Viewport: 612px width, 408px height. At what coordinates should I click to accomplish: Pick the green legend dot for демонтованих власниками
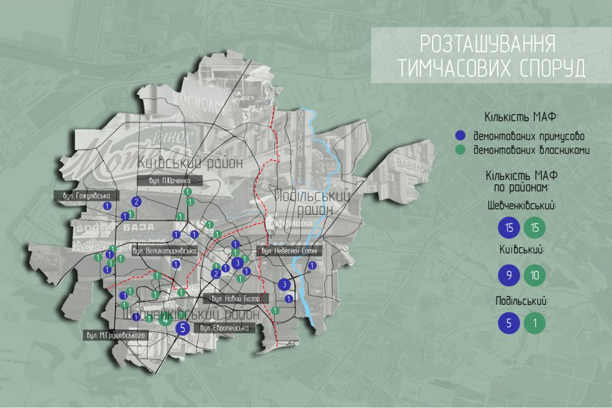(461, 149)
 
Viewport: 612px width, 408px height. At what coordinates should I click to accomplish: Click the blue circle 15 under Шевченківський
(509, 228)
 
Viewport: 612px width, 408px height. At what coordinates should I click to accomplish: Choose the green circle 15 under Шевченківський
(535, 228)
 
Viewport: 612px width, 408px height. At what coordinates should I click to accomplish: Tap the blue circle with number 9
(509, 275)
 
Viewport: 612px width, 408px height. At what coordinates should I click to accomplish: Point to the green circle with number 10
(535, 275)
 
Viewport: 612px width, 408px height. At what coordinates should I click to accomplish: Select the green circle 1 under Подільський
(535, 323)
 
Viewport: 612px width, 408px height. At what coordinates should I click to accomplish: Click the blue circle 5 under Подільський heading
(509, 323)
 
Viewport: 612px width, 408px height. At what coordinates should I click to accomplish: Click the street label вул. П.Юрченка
(170, 181)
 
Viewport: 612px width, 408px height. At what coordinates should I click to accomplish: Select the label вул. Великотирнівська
(164, 251)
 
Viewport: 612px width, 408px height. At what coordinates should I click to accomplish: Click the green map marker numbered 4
(164, 318)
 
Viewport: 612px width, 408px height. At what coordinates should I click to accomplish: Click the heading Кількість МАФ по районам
(521, 181)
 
